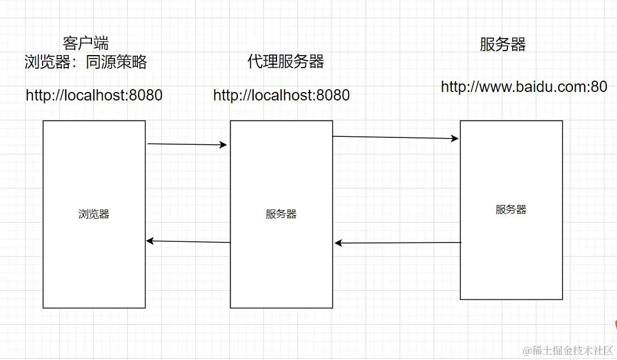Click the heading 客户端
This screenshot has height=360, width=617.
(x=86, y=43)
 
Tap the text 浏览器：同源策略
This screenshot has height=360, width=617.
(x=86, y=62)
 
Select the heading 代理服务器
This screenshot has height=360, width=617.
(x=286, y=62)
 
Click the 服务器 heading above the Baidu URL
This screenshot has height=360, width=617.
(x=502, y=44)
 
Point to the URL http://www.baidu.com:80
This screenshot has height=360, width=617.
(x=524, y=87)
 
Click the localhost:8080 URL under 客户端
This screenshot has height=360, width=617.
(x=94, y=95)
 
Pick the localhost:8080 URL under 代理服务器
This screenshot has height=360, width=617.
(x=282, y=95)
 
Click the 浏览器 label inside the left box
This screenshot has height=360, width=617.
(x=94, y=214)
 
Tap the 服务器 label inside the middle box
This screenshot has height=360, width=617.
(x=281, y=214)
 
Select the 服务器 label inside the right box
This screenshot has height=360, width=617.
(x=511, y=210)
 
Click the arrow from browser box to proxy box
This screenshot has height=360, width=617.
(x=187, y=144)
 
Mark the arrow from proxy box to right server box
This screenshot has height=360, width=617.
(x=395, y=137)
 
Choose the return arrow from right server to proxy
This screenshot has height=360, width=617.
(x=397, y=243)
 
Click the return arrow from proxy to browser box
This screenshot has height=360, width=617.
(x=188, y=242)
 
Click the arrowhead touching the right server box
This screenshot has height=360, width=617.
(x=455, y=138)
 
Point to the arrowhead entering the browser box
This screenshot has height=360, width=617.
(x=150, y=241)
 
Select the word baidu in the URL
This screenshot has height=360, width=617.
(x=535, y=87)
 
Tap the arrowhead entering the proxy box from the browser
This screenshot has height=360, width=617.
(x=223, y=145)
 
